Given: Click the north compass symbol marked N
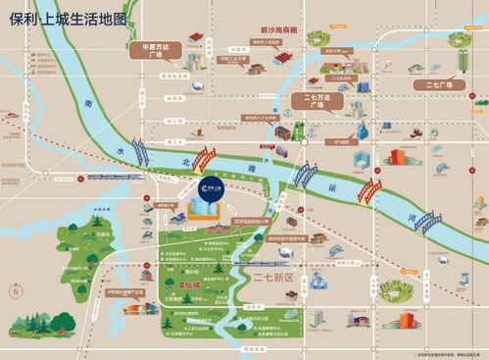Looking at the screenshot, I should [17, 291].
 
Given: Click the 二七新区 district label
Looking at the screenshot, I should [274, 278].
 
